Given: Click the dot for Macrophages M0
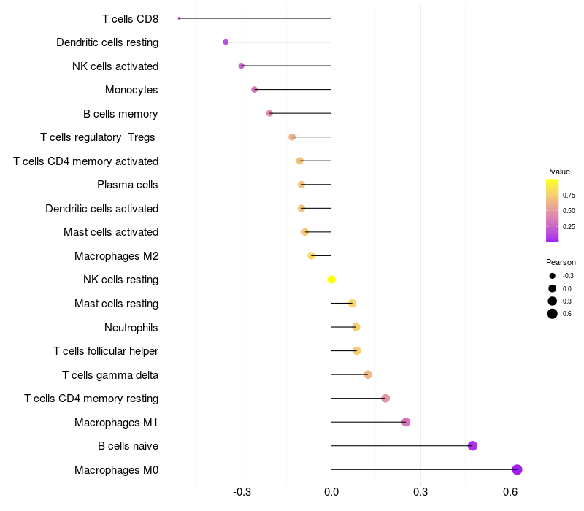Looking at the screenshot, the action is tap(517, 469).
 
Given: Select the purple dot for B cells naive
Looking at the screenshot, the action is tap(472, 446).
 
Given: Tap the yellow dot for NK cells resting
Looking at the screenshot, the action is tap(331, 280).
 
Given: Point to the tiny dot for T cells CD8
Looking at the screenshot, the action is tap(179, 18).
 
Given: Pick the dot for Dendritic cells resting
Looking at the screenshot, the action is tap(226, 42).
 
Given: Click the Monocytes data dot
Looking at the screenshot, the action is tap(254, 89).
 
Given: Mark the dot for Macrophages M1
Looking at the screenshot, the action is tap(406, 422).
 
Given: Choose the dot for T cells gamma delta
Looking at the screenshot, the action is tap(368, 374).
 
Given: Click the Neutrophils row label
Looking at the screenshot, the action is tap(131, 328).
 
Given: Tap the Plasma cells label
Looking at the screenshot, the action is tap(127, 185).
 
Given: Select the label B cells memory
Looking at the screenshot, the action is tap(120, 114).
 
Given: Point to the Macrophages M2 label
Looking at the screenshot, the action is tap(116, 256).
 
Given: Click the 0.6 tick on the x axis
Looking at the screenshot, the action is tap(510, 492).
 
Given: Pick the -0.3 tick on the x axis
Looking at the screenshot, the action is tap(242, 492).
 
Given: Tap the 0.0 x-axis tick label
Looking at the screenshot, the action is tap(331, 492).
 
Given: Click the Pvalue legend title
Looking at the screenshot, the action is tap(558, 172).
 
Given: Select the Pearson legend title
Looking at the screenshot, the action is tap(561, 262).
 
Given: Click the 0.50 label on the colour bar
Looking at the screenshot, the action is tap(569, 211).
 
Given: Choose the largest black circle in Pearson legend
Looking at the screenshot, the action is tap(553, 314).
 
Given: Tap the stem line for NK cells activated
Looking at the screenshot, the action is tap(286, 66).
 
